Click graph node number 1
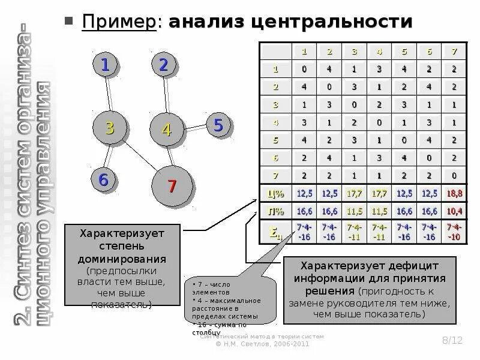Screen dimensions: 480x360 coord(104,64)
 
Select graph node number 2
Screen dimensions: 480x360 coord(163,64)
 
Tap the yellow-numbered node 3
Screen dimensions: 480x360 coord(109,127)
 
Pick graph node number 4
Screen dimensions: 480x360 coord(166,129)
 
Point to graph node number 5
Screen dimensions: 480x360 coord(217,125)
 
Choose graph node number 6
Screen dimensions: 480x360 coord(104,179)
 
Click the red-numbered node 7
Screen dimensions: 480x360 coord(171,186)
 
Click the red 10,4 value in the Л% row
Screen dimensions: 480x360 coord(455,212)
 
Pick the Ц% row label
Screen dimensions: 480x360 coord(275,193)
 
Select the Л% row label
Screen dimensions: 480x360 coord(275,212)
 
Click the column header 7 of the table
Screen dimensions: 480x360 coord(455,52)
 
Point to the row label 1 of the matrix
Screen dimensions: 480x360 coord(275,69)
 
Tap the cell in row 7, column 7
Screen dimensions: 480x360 coord(455,175)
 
